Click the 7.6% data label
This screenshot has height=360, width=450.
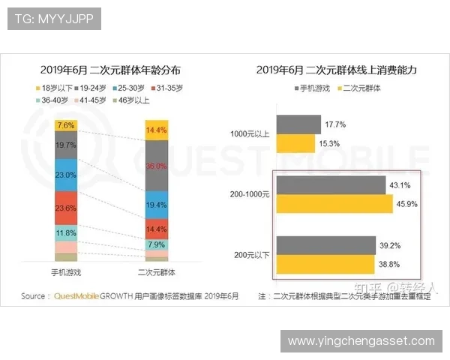[x=65, y=125]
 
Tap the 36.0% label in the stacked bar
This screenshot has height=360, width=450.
[x=155, y=166]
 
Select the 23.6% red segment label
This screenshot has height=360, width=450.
[x=65, y=208]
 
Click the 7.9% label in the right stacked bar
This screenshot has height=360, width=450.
[x=155, y=244]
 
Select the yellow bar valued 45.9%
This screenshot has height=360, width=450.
[x=334, y=204]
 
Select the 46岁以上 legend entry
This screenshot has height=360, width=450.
[x=132, y=100]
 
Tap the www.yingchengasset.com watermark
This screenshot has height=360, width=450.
[x=361, y=341]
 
